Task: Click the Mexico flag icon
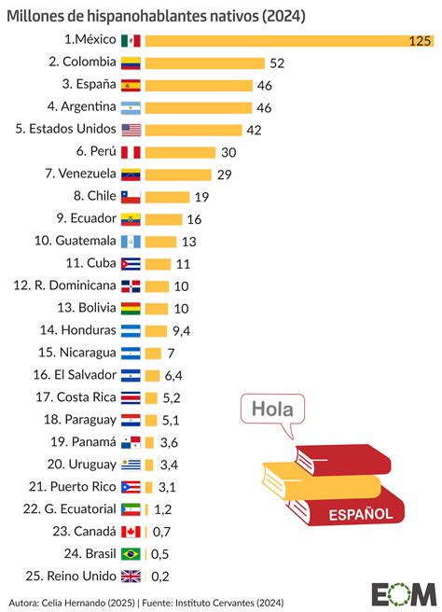tap(131, 40)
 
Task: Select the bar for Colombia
tap(204, 63)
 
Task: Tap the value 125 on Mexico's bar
tap(421, 40)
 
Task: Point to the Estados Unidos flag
tap(131, 130)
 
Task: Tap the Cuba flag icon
tap(131, 264)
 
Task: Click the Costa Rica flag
tap(131, 397)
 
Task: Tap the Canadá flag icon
tap(131, 531)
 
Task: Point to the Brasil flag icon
tap(131, 553)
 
